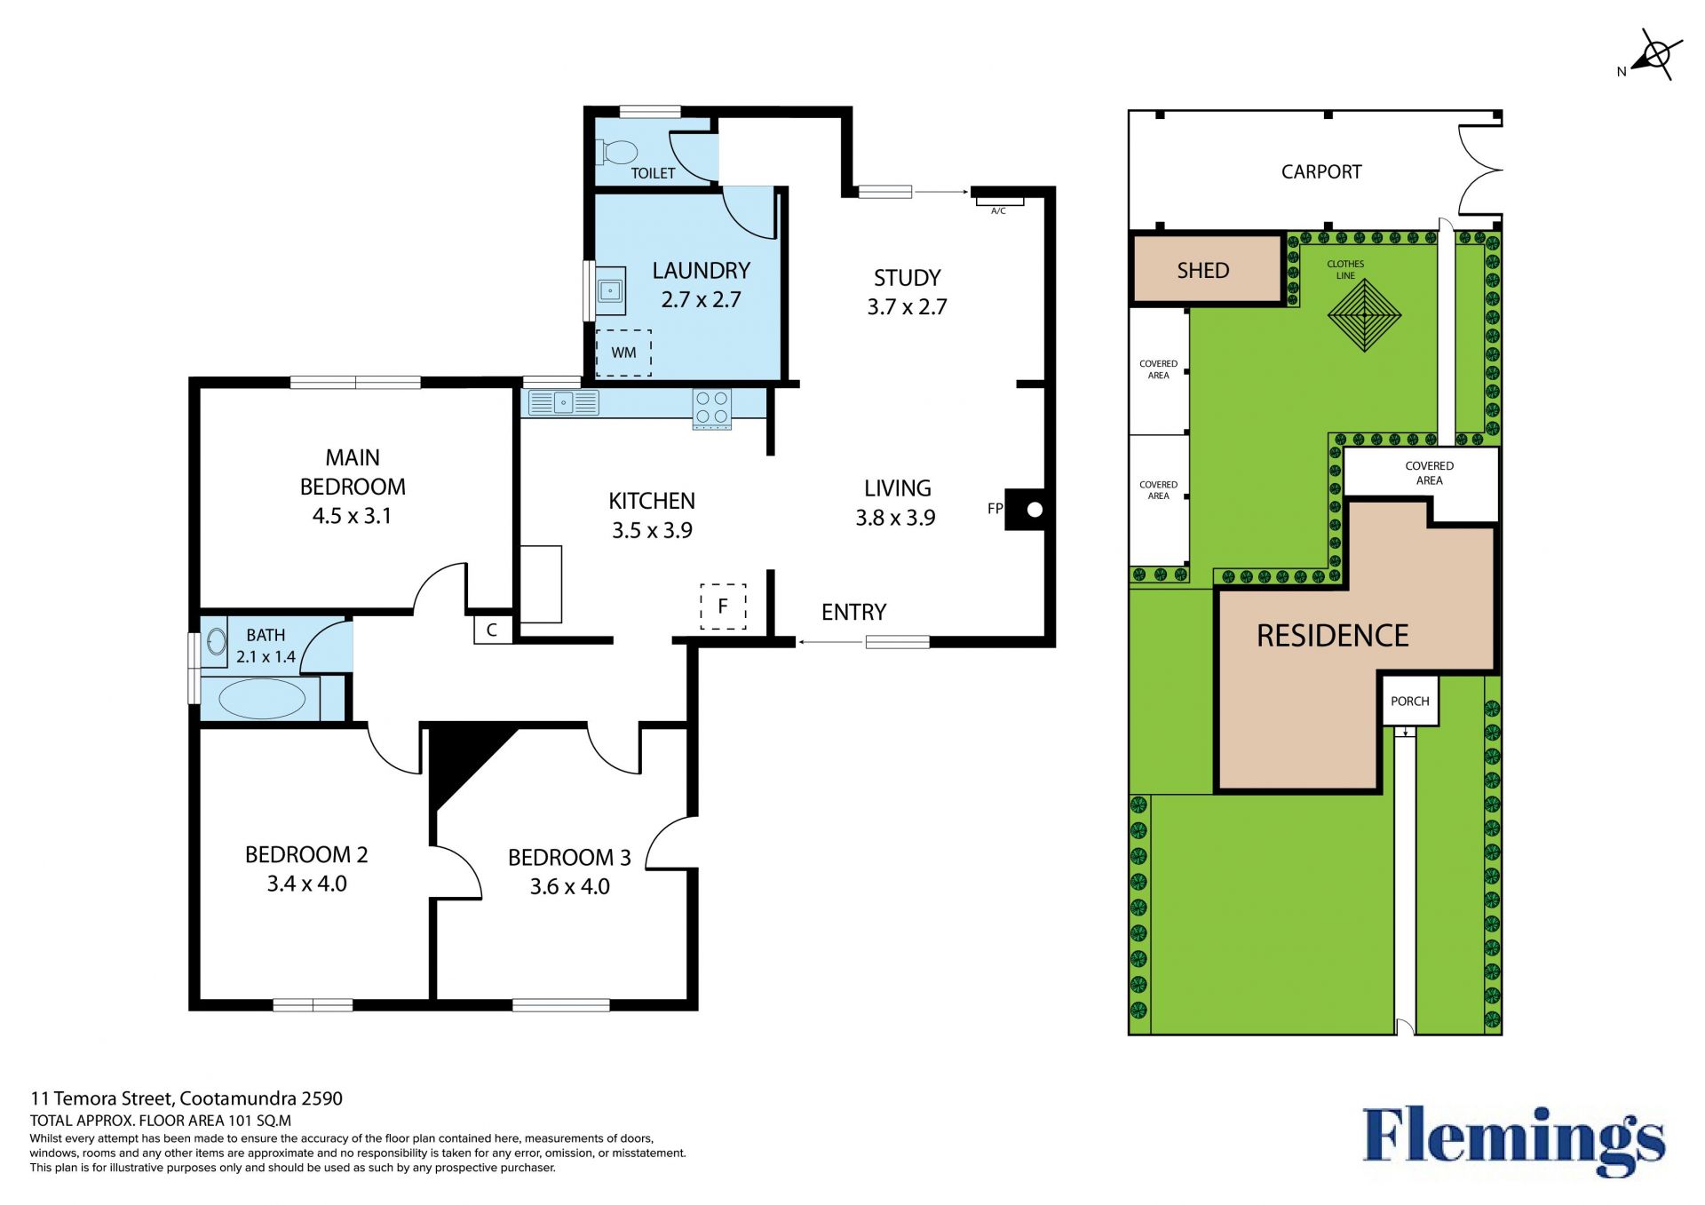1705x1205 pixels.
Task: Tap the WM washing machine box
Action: point(623,353)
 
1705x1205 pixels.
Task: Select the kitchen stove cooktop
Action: point(712,409)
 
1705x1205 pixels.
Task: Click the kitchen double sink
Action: point(563,402)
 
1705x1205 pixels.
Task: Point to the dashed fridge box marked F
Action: point(723,606)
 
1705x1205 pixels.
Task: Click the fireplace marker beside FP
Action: point(1025,510)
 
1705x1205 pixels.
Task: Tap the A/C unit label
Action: point(998,210)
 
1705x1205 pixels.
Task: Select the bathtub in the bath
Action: point(262,698)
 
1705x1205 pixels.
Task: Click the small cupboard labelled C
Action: point(492,630)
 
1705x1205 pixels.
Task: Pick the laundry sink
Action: point(610,290)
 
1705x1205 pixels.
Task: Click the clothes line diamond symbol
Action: point(1364,315)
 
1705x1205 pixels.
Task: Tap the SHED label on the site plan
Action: point(1203,271)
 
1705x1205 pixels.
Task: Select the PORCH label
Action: point(1410,702)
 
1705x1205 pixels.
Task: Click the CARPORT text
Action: point(1321,172)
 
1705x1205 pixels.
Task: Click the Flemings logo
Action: point(1514,1140)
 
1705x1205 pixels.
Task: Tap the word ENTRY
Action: point(853,612)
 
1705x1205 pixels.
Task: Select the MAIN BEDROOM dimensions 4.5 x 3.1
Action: point(352,516)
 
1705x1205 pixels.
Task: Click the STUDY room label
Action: point(907,278)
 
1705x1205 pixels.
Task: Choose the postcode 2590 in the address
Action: point(321,1098)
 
